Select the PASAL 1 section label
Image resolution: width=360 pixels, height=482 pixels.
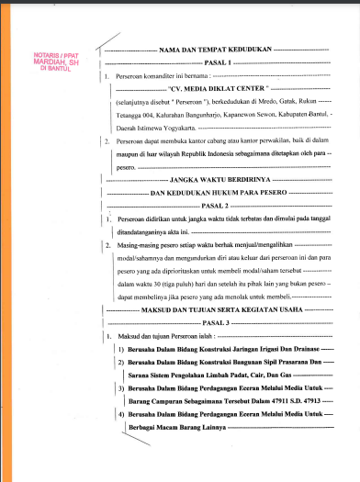click(214, 62)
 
